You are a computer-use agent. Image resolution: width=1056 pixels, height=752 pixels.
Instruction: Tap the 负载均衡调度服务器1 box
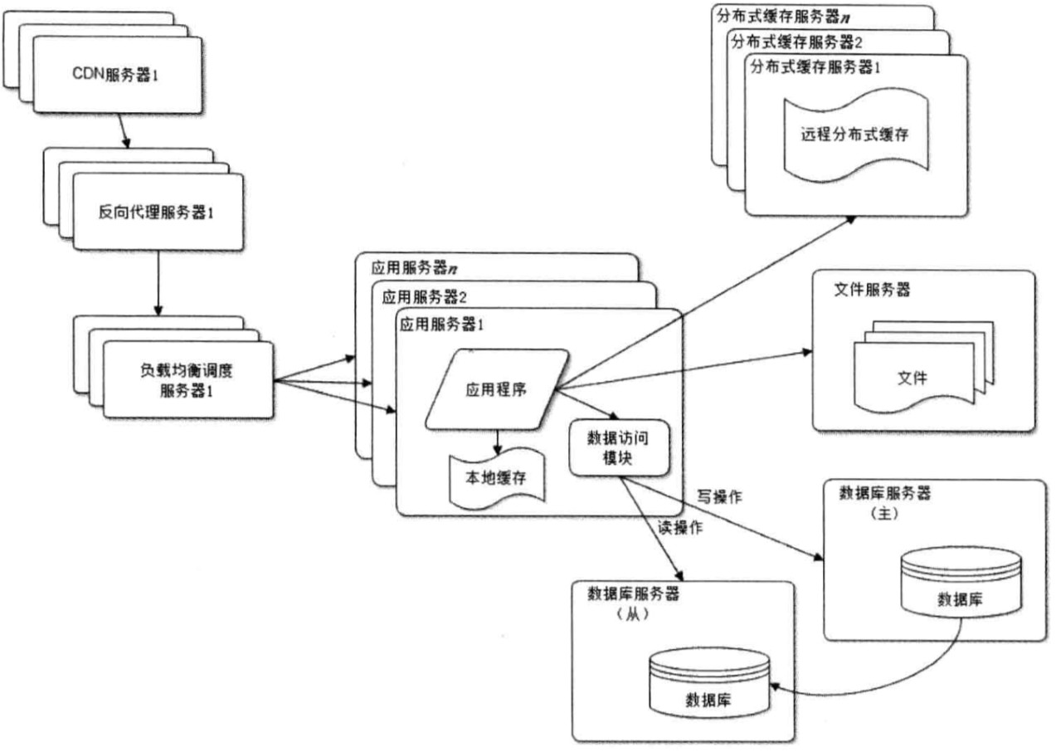point(187,380)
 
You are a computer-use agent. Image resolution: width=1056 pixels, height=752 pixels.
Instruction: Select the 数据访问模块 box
point(617,448)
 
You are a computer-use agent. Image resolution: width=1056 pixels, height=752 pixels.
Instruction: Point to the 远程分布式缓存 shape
point(854,135)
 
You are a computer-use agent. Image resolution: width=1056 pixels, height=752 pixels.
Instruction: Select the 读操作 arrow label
point(680,527)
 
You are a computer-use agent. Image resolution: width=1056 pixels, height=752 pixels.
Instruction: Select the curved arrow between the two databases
point(896,686)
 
